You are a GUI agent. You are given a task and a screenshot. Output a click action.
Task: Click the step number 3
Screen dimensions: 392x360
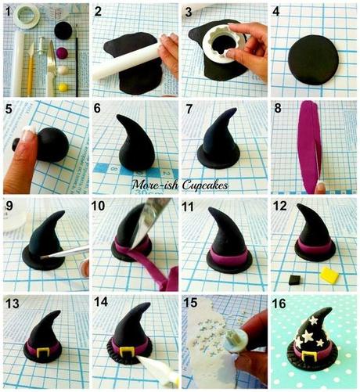click(189, 11)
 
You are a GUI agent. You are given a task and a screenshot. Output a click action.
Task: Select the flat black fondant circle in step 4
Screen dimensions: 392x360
click(312, 59)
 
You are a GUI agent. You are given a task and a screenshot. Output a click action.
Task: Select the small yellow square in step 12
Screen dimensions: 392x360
click(329, 274)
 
